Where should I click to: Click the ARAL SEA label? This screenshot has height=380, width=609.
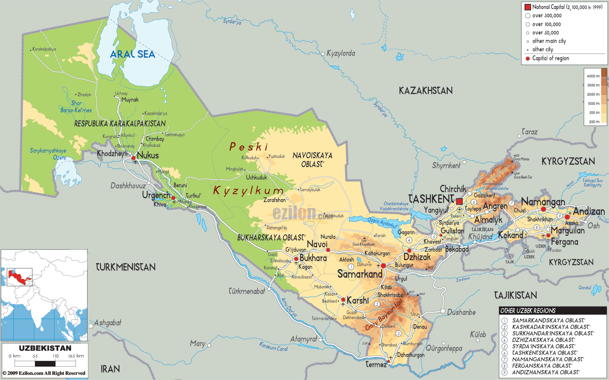[132, 54]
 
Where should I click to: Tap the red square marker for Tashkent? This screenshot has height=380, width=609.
[459, 201]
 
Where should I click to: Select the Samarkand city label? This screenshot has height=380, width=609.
[360, 274]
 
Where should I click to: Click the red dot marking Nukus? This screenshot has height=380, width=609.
[134, 158]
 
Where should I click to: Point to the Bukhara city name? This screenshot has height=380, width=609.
[313, 258]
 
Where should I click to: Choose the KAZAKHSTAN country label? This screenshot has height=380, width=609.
[425, 91]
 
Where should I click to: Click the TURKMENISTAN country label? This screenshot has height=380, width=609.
[126, 267]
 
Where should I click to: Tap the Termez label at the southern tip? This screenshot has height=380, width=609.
[376, 364]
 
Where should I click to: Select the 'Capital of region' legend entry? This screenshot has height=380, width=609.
[550, 58]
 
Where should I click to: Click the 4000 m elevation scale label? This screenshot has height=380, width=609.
[593, 76]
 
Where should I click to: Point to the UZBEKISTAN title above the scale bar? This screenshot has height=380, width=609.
[45, 348]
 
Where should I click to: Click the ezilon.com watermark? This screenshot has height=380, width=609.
[302, 213]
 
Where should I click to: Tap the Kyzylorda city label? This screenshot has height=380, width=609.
[341, 53]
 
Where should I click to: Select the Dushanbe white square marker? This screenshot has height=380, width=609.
[443, 311]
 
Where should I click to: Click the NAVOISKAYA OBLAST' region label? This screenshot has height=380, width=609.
[312, 159]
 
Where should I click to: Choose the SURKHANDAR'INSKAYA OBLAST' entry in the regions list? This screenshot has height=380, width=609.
[552, 333]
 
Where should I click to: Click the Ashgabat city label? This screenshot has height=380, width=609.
[108, 323]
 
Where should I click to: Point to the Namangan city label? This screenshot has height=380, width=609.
[543, 202]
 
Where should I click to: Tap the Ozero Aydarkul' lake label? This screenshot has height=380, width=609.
[382, 222]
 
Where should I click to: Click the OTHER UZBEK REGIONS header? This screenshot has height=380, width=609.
[527, 310]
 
